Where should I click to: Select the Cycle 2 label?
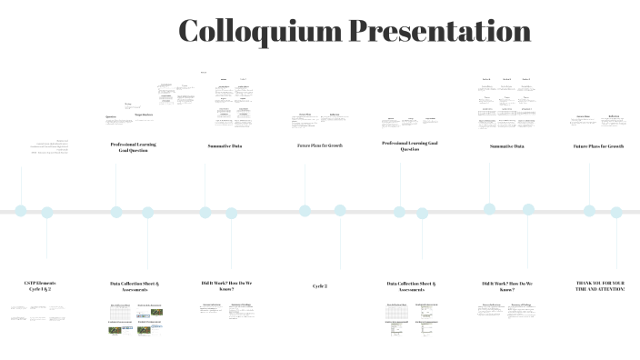(320, 285)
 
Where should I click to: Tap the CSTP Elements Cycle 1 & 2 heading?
(40, 286)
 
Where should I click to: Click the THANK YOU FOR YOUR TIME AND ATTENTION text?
(601, 286)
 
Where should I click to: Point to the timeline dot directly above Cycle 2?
(340, 210)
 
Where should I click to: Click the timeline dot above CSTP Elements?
(47, 213)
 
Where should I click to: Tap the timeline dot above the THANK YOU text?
(616, 213)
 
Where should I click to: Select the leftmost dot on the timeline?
(21, 211)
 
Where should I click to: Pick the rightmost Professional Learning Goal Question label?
(410, 145)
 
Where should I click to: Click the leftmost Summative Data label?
(225, 145)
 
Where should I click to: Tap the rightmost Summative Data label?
(507, 145)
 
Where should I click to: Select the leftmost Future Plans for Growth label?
(320, 145)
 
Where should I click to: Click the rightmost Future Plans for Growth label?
(598, 145)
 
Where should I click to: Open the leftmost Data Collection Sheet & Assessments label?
(135, 286)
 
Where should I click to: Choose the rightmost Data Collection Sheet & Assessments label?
(411, 286)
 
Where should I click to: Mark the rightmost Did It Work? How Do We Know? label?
(507, 286)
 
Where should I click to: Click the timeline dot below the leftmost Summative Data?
(205, 213)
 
